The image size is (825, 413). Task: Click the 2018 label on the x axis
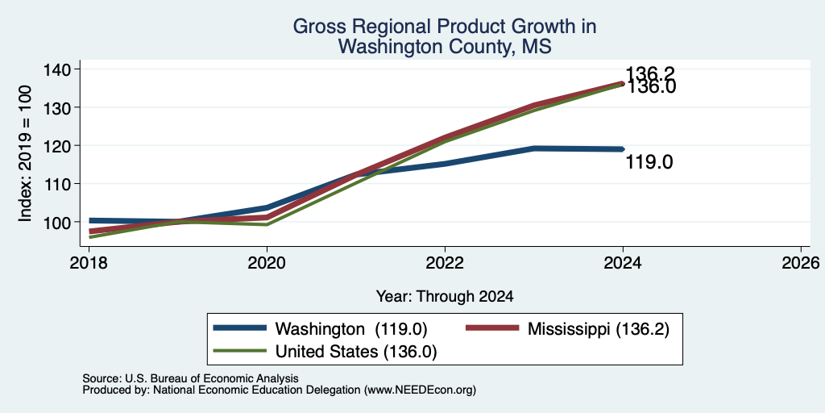(89, 262)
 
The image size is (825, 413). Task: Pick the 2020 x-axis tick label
(267, 262)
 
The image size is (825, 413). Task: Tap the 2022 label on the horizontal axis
(445, 262)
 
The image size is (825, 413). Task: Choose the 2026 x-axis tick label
(801, 262)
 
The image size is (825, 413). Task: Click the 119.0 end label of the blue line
(649, 162)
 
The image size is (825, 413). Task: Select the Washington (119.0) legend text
(351, 329)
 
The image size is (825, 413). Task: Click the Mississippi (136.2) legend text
(599, 329)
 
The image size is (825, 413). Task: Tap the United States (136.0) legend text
(356, 352)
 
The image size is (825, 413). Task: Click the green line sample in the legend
(239, 351)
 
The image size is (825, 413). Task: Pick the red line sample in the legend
(492, 328)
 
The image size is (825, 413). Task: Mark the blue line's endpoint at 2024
(623, 149)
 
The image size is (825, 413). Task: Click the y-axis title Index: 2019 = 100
(25, 153)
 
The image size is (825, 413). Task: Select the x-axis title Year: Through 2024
(445, 297)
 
